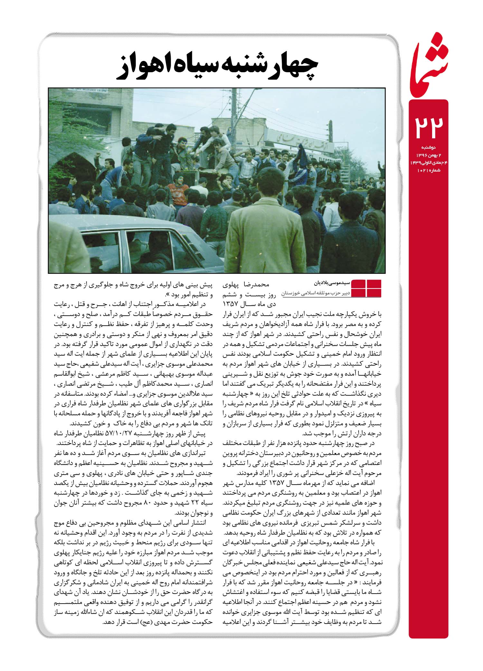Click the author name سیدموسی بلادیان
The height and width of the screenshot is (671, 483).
[330, 283]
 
